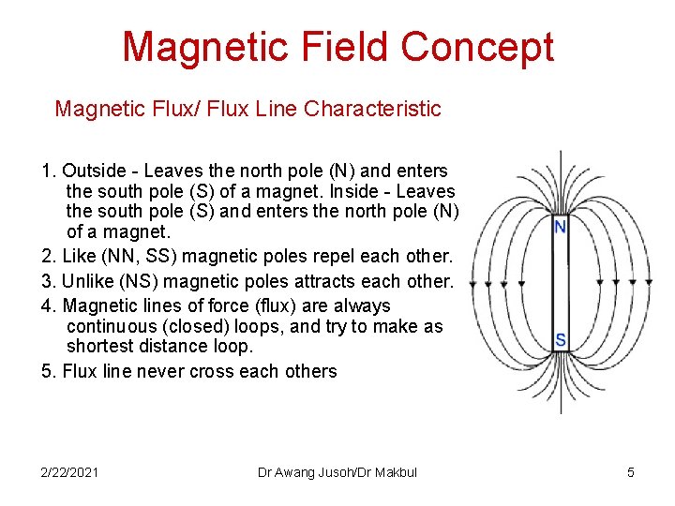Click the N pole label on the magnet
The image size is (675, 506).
point(560,227)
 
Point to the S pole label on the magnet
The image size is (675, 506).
point(561,339)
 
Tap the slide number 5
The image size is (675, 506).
point(631,472)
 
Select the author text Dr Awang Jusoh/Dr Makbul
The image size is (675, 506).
point(337,472)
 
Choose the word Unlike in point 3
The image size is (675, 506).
point(90,281)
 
